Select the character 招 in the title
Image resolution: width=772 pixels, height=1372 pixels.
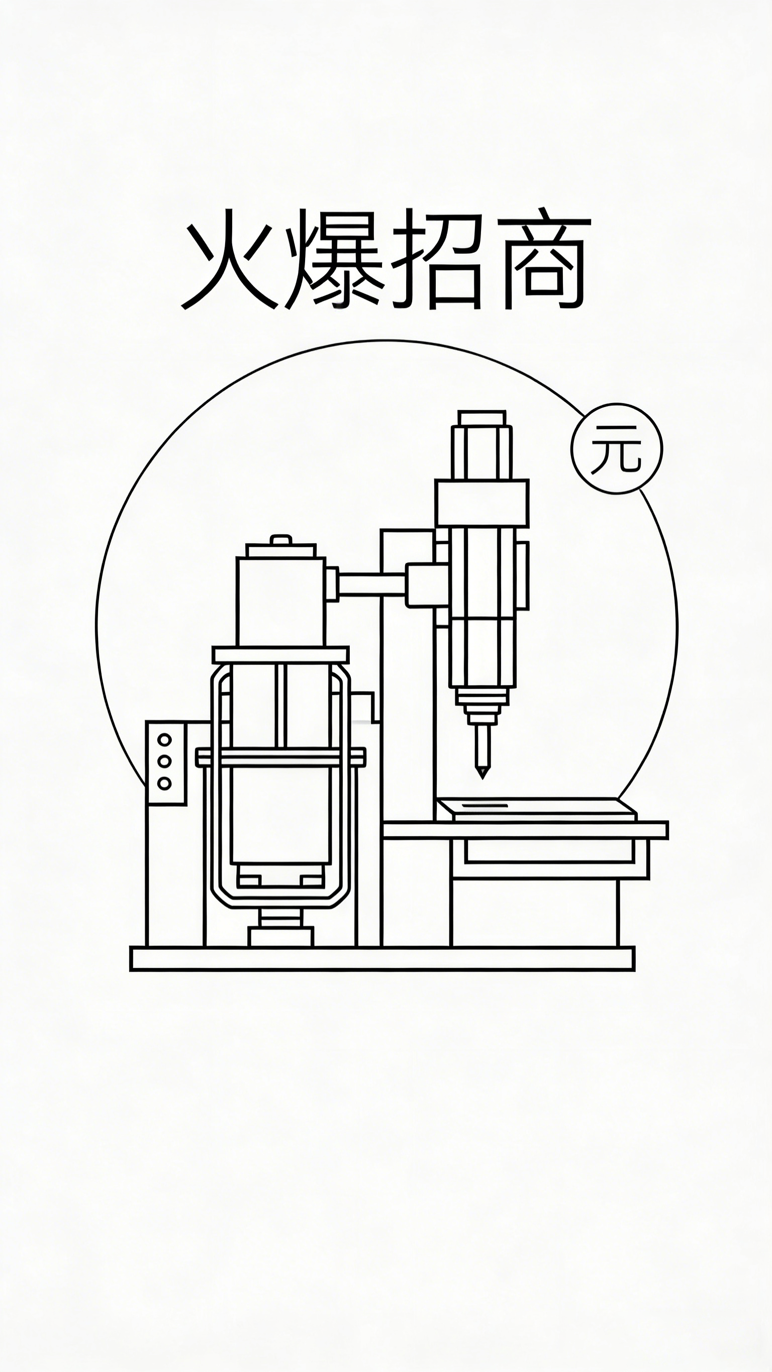coord(438,259)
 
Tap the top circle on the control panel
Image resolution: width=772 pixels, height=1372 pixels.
coord(165,740)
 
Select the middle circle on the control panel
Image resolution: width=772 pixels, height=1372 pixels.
coord(165,761)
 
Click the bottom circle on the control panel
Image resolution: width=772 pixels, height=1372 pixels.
coord(165,783)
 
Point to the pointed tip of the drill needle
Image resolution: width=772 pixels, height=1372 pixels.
coord(482,778)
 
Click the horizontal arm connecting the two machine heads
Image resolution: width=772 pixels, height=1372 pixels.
coord(372,583)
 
